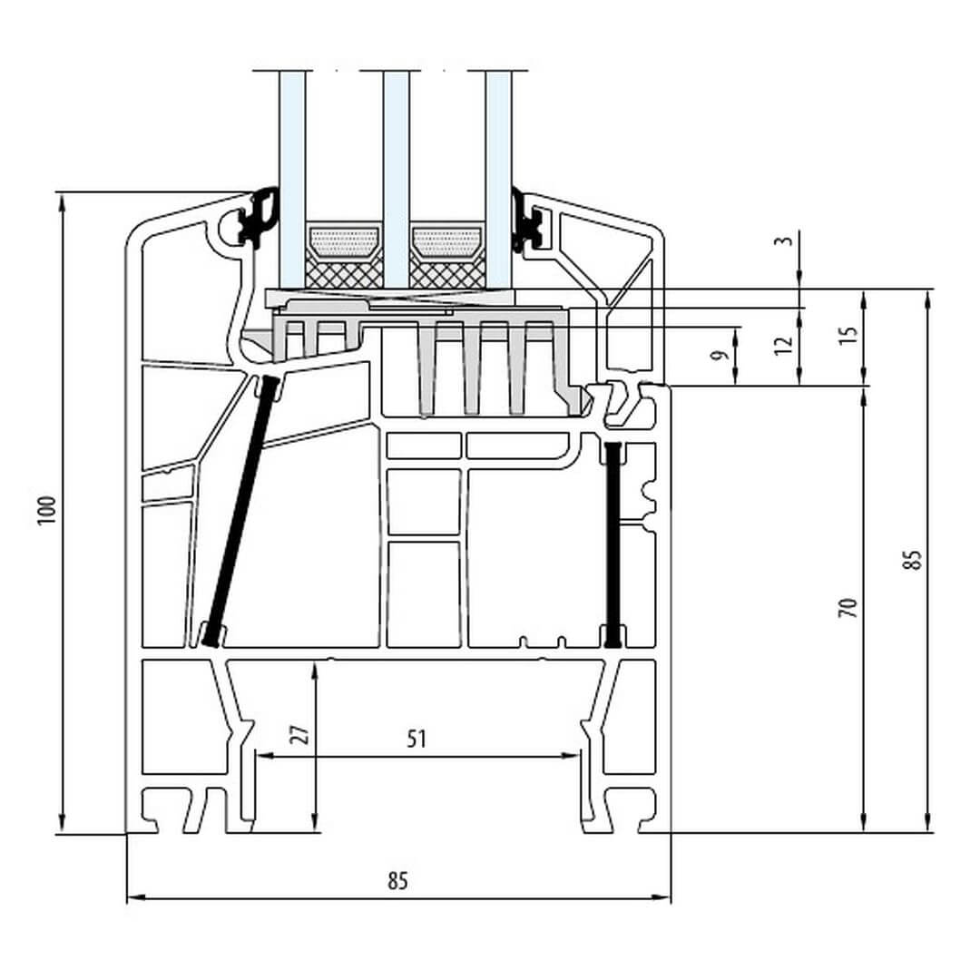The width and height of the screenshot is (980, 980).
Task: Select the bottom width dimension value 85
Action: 397,879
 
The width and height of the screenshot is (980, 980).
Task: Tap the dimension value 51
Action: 416,740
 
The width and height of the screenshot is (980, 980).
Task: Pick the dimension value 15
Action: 848,334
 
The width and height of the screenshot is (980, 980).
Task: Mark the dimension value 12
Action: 786,345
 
